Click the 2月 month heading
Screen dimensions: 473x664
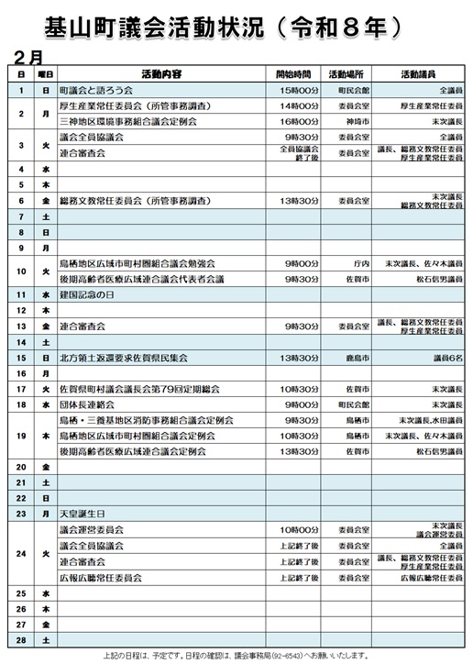tap(31, 57)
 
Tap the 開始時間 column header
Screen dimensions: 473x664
tap(294, 73)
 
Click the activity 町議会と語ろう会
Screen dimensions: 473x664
tap(96, 91)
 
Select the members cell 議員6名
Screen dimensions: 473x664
tap(446, 357)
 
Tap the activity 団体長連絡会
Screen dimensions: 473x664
tap(86, 404)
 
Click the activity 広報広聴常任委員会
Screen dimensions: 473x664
tap(100, 578)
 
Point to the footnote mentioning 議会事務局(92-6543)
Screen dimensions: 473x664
tap(236, 656)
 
